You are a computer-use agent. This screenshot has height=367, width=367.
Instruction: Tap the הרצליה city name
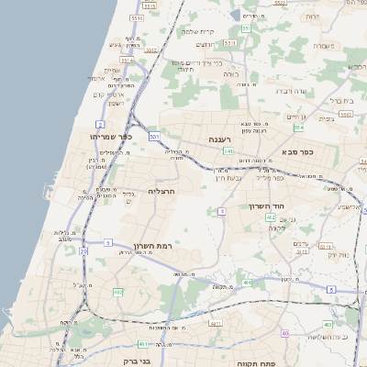pos(161,192)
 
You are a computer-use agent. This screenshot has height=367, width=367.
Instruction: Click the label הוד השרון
pos(269,206)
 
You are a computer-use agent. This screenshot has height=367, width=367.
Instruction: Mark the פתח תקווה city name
pos(273,362)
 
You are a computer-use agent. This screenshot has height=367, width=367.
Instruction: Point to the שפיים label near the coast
pos(112,71)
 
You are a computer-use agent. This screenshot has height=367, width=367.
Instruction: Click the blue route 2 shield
pos(99,123)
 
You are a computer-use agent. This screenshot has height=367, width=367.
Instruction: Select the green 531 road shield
pos(155,137)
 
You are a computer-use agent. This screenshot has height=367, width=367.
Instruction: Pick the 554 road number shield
pos(324,128)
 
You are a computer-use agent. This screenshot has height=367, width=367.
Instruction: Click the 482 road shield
pos(117,291)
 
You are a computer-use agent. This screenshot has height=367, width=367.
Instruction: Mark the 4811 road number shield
pos(215,324)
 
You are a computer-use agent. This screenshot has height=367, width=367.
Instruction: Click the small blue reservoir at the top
pos(237,15)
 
